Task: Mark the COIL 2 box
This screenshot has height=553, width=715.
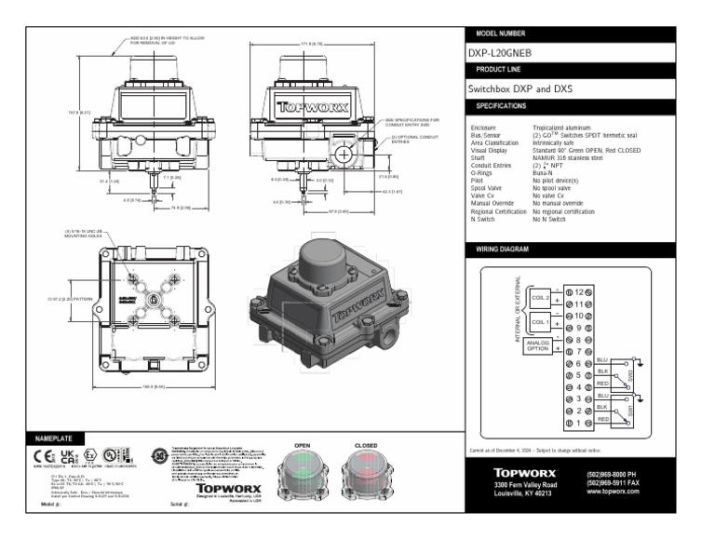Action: [x=540, y=298]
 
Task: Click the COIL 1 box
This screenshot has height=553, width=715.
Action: [x=540, y=322]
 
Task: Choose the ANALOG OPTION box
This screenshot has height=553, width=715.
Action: [x=539, y=346]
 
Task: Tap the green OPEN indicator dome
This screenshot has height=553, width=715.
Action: [x=303, y=465]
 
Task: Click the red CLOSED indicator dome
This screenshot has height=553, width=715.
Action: [x=366, y=465]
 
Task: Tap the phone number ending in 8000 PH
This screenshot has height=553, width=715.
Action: [x=614, y=474]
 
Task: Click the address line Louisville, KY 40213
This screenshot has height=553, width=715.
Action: [x=528, y=493]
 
